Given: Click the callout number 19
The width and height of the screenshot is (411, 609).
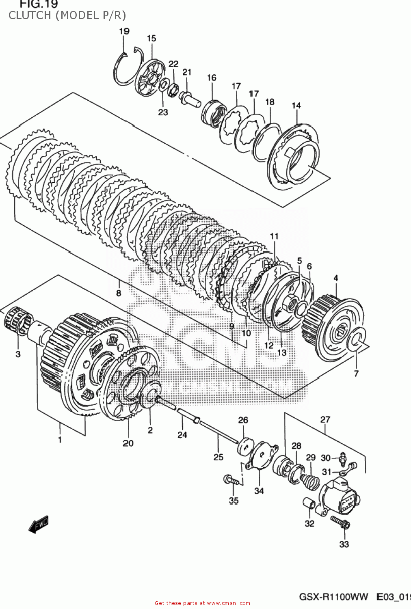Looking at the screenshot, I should tap(124, 31).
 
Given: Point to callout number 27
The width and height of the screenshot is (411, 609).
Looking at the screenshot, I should tap(325, 419).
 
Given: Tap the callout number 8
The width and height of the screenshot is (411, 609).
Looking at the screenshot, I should tap(118, 293).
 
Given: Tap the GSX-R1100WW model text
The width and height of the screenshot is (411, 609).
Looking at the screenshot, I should tap(333, 597).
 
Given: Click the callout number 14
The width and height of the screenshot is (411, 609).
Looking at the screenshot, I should tap(296, 106).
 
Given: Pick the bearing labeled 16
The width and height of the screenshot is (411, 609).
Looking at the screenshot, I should tap(213, 112).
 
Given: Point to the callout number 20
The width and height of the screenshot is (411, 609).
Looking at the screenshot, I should tap(128, 443).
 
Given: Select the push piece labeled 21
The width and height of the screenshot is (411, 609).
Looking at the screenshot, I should tap(189, 98).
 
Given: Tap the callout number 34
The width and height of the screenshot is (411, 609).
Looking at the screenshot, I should tap(259, 491).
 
